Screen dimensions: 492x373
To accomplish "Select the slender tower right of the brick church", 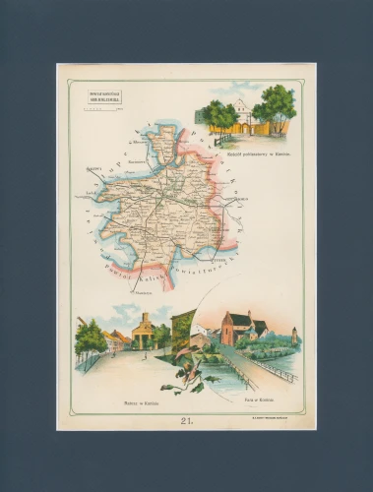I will pos(293,334).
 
